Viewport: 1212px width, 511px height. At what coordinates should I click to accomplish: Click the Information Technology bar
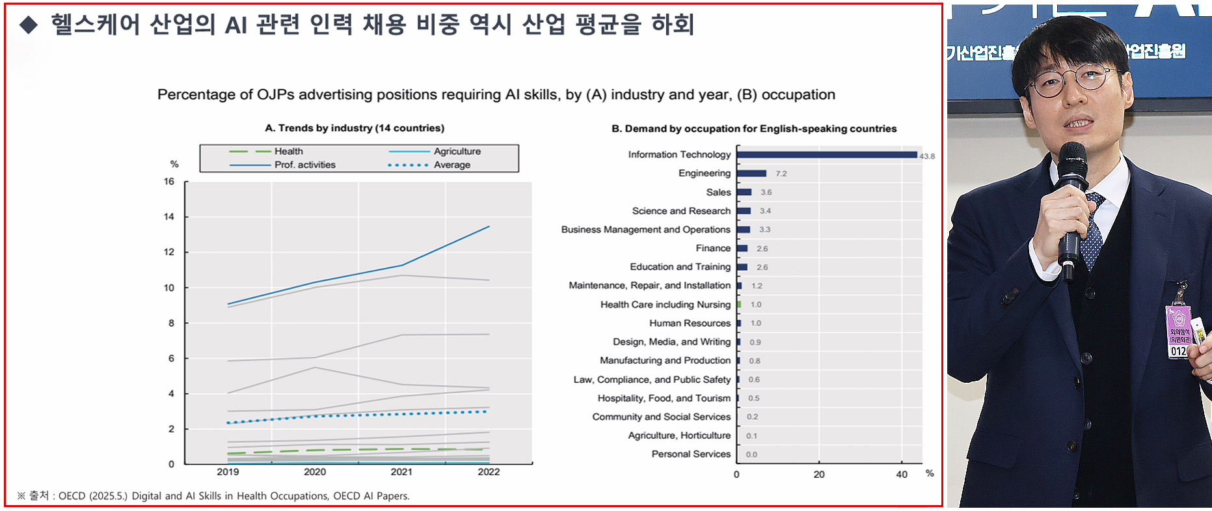pyautogui.click(x=826, y=155)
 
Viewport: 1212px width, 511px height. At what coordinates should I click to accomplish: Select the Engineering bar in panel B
pyautogui.click(x=751, y=173)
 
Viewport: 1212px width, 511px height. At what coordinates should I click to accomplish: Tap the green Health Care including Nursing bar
pyautogui.click(x=739, y=304)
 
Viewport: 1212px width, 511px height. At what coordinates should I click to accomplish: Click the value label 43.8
pyautogui.click(x=927, y=156)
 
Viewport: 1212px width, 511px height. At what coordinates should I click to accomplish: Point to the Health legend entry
pyautogui.click(x=288, y=151)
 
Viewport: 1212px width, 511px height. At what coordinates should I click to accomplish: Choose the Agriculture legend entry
pyautogui.click(x=457, y=151)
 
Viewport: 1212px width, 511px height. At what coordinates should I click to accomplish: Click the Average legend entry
pyautogui.click(x=451, y=165)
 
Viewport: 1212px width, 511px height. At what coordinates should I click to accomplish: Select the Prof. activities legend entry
pyautogui.click(x=304, y=165)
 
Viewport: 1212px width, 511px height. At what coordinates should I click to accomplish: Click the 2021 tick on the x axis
pyautogui.click(x=401, y=472)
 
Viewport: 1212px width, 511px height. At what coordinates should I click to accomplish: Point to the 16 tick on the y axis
pyautogui.click(x=169, y=182)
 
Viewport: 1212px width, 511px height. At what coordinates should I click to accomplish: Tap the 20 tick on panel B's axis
pyautogui.click(x=819, y=475)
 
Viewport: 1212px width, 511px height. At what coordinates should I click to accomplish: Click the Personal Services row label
pyautogui.click(x=691, y=454)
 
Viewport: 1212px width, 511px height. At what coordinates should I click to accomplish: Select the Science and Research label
pyautogui.click(x=681, y=211)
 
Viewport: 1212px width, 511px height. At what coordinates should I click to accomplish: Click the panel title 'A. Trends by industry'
pyautogui.click(x=355, y=128)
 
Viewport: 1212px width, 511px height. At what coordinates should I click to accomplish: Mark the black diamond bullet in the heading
pyautogui.click(x=29, y=25)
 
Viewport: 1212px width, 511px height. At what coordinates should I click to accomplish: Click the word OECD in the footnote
pyautogui.click(x=72, y=496)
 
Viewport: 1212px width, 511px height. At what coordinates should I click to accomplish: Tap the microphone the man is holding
pyautogui.click(x=1071, y=202)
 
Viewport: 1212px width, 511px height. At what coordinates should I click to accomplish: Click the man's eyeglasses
pyautogui.click(x=1073, y=81)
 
